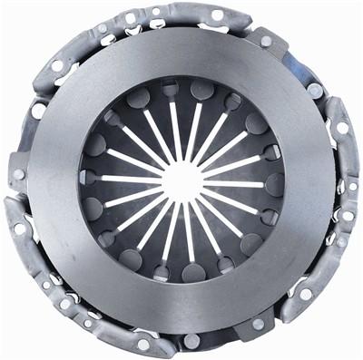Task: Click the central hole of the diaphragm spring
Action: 181,180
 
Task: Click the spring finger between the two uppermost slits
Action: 181,118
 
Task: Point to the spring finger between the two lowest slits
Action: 181,240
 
